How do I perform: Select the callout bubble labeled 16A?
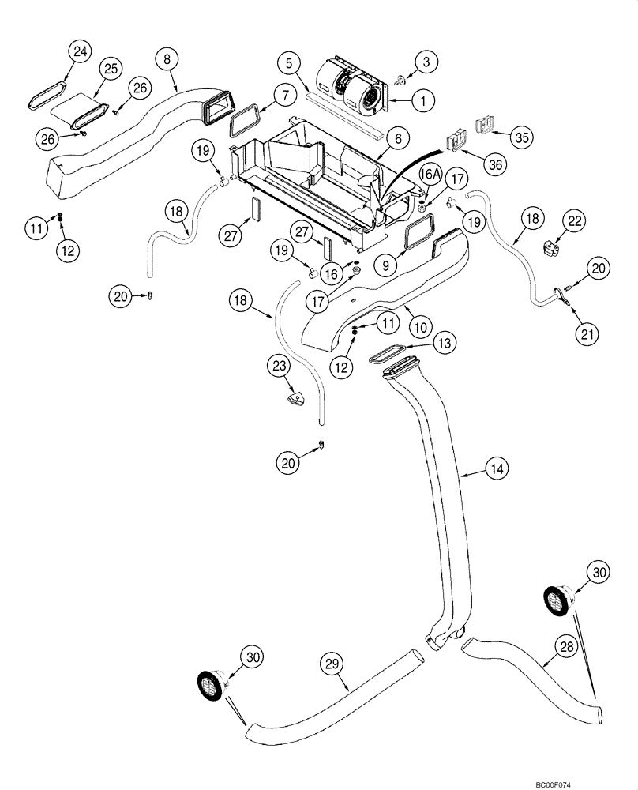pyautogui.click(x=428, y=173)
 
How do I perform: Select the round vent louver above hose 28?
pyautogui.click(x=556, y=598)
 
